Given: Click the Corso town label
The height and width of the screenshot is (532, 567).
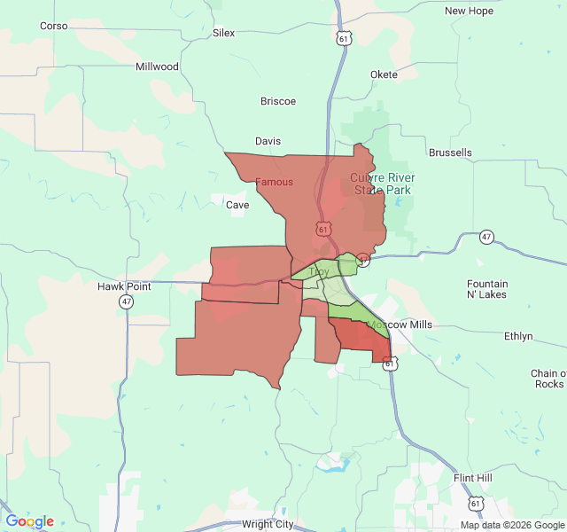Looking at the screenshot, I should (x=54, y=26).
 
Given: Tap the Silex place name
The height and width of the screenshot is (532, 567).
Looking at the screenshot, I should (x=224, y=33).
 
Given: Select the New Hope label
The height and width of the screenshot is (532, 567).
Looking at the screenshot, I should (x=469, y=11).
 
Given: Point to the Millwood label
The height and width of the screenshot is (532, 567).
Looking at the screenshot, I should (x=157, y=66).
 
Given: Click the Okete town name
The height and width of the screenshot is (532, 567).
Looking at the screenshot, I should (x=384, y=74).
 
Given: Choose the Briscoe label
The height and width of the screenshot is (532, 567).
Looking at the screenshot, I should (x=278, y=101).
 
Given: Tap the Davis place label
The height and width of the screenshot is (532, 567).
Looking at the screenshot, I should (x=268, y=141).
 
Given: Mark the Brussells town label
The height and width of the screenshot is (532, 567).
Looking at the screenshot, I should (x=450, y=153).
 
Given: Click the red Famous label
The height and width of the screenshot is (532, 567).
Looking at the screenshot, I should (x=274, y=182).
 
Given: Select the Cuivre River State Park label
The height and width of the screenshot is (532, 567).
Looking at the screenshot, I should (x=383, y=184).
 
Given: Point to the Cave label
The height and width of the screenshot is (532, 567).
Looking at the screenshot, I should (x=237, y=205).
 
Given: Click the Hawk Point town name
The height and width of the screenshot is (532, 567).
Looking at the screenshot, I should (x=124, y=286).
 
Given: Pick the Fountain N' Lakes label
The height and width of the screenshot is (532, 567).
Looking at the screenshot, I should (x=487, y=289).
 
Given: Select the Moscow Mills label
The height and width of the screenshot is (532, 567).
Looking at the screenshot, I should (x=400, y=325).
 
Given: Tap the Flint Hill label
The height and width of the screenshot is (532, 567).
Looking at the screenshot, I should (x=472, y=478).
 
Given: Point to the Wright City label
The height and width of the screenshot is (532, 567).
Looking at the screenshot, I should (x=267, y=524).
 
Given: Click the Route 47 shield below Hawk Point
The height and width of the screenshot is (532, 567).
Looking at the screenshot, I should (x=128, y=302).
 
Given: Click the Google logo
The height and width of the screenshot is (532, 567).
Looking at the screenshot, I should (x=30, y=521).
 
